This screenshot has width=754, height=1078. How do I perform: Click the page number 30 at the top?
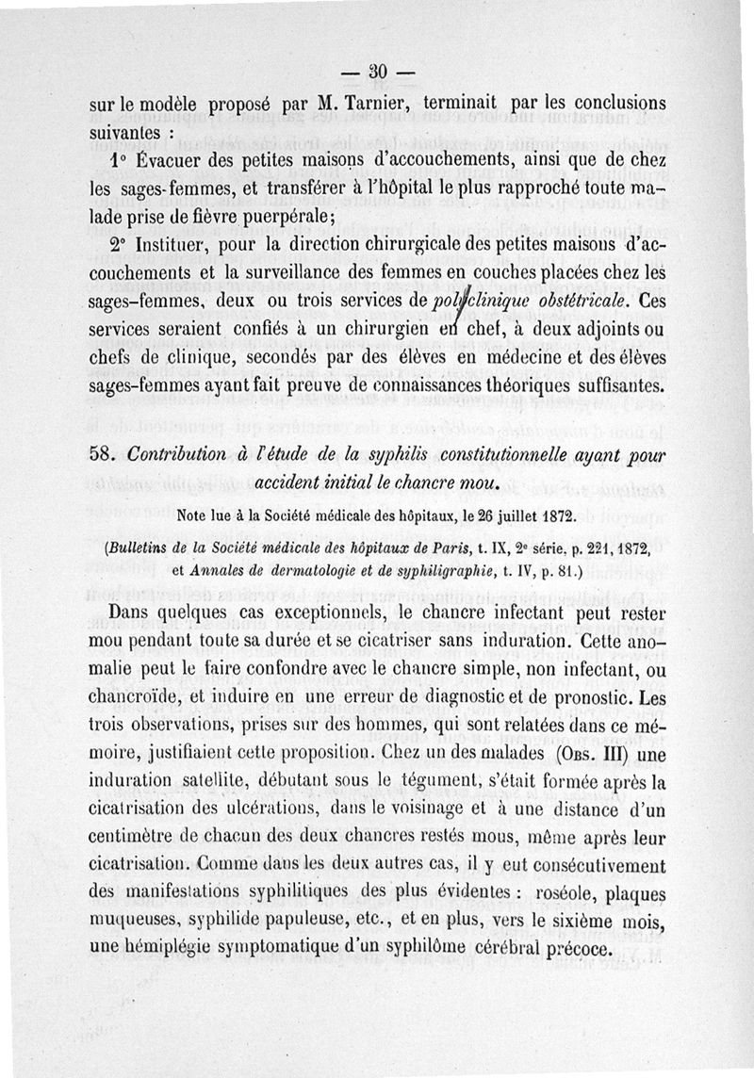379,73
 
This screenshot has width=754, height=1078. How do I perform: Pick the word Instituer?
185,249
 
